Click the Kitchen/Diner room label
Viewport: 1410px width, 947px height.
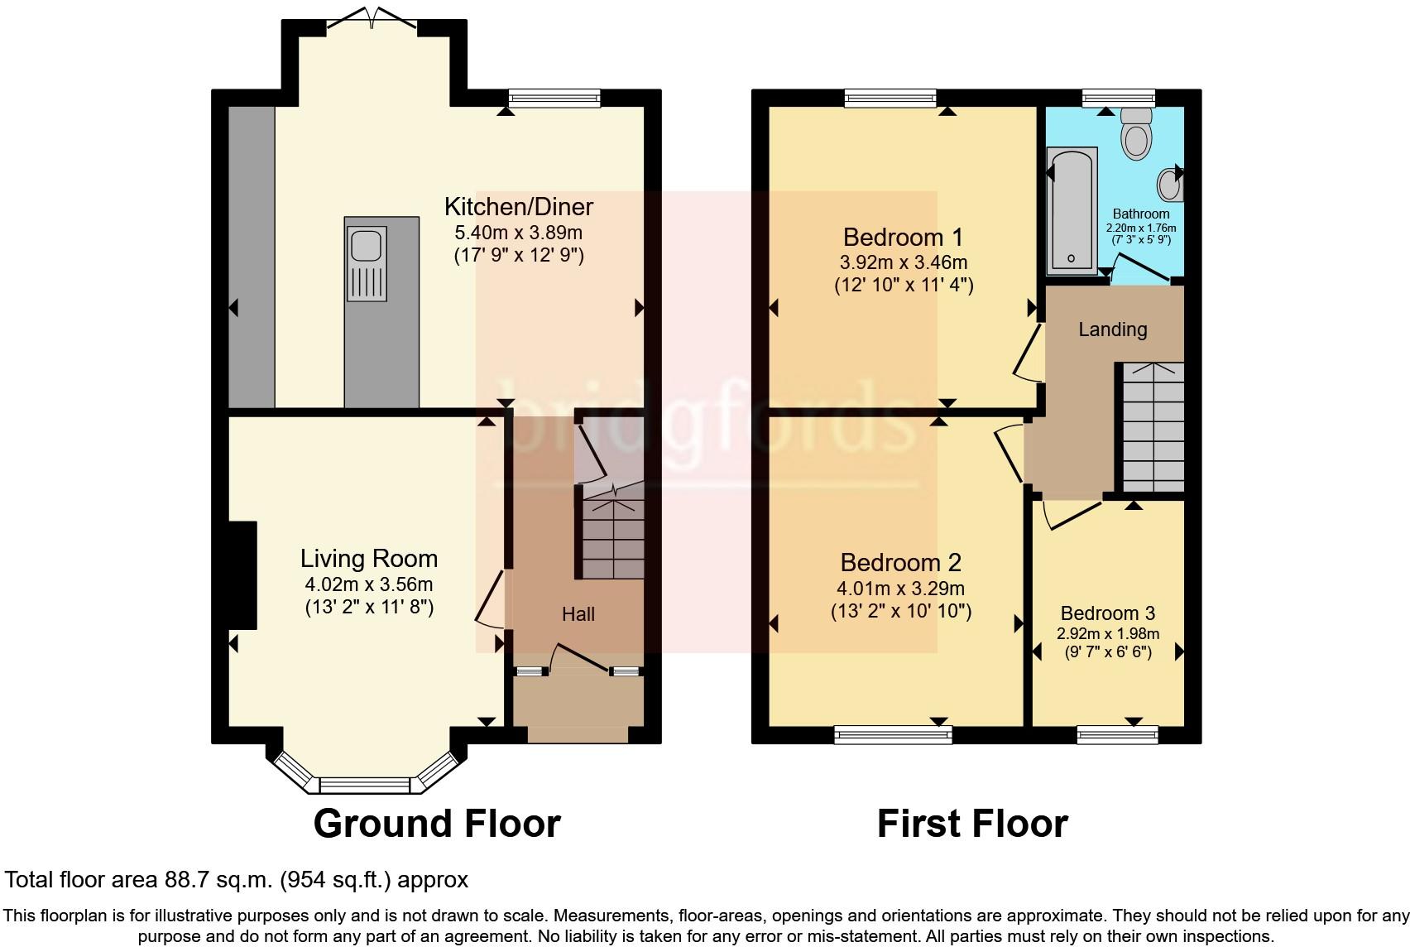coord(519,206)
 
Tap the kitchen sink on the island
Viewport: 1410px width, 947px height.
coord(366,263)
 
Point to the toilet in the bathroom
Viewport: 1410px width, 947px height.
coord(1137,132)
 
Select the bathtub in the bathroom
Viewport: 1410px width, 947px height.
coord(1072,211)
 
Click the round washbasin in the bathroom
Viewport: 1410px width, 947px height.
coord(1169,185)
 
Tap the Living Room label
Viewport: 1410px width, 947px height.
coord(369,559)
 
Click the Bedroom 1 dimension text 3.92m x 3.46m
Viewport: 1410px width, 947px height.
coord(904,262)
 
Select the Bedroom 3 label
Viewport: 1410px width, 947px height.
coord(1108,613)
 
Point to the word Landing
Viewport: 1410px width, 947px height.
coord(1113,329)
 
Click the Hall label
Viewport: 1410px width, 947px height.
coord(578,614)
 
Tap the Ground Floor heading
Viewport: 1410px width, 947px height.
coord(437,823)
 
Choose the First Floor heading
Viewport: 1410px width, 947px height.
coord(972,823)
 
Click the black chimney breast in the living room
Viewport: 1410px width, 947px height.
coord(242,574)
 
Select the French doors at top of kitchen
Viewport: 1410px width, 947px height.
coord(372,19)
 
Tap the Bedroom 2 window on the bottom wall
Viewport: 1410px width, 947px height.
coord(893,735)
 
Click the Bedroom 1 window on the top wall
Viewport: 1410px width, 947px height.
coord(890,98)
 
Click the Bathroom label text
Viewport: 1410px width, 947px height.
coord(1140,214)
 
